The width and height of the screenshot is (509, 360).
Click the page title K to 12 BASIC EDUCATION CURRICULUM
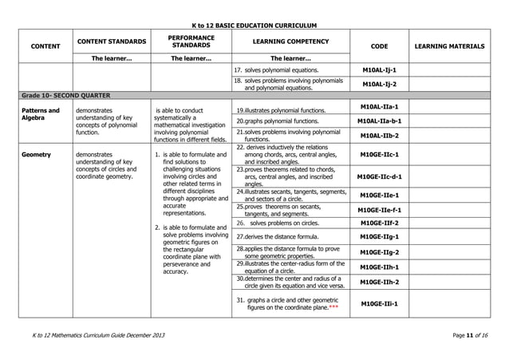(x=254, y=26)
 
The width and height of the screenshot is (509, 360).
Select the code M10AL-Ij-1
(x=380, y=70)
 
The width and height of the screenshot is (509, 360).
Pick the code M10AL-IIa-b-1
(x=380, y=121)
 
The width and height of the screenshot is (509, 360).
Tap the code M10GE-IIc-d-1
(x=380, y=176)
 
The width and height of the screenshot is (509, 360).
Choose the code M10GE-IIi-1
(x=380, y=303)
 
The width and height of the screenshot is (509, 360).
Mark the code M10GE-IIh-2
(x=380, y=282)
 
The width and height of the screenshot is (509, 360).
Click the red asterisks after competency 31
(x=333, y=307)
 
